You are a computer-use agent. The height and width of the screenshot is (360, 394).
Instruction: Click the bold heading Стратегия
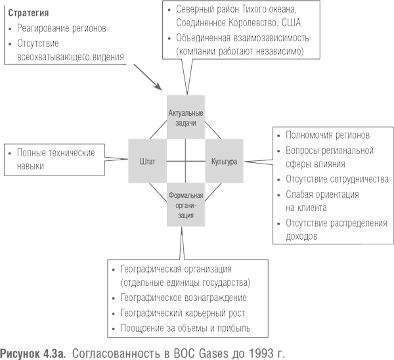(x=28, y=13)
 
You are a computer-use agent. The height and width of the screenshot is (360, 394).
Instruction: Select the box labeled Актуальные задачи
(x=186, y=117)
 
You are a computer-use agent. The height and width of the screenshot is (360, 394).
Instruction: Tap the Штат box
(x=148, y=161)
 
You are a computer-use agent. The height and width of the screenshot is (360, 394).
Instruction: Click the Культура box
(x=224, y=161)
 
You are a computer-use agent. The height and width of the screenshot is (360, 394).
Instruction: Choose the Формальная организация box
(x=186, y=205)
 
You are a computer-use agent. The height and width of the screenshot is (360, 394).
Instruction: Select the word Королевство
(x=253, y=22)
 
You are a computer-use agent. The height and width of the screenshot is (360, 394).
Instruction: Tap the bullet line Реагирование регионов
(x=62, y=28)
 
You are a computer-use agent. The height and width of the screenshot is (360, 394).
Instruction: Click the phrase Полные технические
(x=56, y=152)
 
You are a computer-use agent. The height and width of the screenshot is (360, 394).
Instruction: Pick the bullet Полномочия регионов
(x=328, y=135)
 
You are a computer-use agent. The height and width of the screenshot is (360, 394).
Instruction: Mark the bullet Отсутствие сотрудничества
(x=337, y=179)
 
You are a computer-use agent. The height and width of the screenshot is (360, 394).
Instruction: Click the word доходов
(x=301, y=236)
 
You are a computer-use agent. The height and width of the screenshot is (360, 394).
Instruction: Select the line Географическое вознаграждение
(x=183, y=298)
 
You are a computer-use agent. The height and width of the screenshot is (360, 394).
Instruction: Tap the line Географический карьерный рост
(x=183, y=313)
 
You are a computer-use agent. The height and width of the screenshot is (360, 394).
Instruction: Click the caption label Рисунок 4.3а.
(x=33, y=353)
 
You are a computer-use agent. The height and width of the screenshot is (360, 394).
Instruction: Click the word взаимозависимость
(x=271, y=38)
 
